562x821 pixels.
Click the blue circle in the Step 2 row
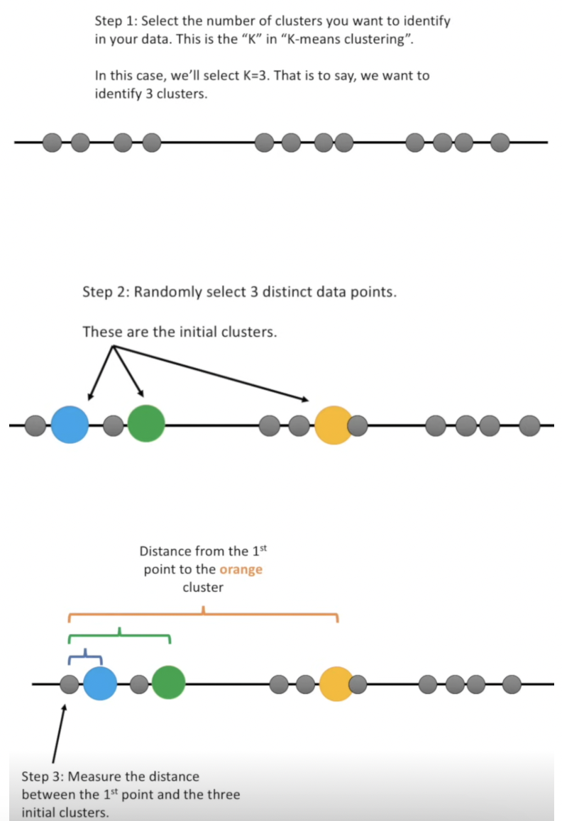tap(70, 425)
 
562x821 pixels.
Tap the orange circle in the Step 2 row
tap(333, 425)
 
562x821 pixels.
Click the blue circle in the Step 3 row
tap(99, 684)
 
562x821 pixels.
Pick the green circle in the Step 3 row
tap(168, 683)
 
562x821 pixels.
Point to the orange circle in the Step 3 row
tap(336, 683)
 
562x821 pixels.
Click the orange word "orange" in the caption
tap(241, 569)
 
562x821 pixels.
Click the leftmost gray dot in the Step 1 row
tap(52, 143)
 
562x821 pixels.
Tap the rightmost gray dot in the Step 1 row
tap(500, 143)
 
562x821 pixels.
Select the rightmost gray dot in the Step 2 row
tap(529, 426)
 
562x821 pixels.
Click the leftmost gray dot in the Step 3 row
tap(69, 684)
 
